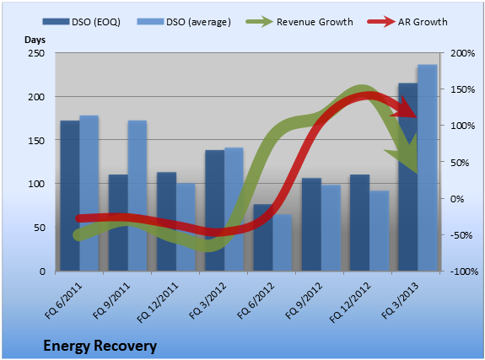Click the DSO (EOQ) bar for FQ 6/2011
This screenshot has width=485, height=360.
click(x=70, y=196)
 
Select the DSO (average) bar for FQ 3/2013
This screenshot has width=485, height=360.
click(x=428, y=168)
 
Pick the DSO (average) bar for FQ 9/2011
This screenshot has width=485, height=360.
click(x=137, y=196)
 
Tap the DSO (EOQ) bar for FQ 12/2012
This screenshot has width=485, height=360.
click(x=359, y=223)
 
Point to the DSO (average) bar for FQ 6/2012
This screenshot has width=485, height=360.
click(x=283, y=243)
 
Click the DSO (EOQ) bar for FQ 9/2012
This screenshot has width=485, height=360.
click(x=311, y=224)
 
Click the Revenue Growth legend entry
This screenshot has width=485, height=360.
click(x=299, y=22)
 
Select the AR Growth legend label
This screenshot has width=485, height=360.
click(x=423, y=22)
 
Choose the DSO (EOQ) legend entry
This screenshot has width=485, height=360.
click(x=81, y=22)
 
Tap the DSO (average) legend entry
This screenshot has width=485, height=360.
click(x=184, y=22)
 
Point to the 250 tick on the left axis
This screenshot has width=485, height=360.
click(x=36, y=53)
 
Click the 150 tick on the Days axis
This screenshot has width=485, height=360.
click(x=36, y=141)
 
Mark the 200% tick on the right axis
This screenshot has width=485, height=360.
click(x=462, y=53)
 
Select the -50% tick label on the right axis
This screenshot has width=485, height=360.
click(x=461, y=235)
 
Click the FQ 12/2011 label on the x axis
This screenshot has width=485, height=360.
click(x=158, y=303)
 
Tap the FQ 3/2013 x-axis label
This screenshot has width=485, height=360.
click(x=400, y=300)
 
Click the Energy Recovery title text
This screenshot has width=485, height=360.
click(x=100, y=346)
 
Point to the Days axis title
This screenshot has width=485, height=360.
click(x=35, y=40)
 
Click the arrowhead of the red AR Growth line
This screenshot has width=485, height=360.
click(x=405, y=108)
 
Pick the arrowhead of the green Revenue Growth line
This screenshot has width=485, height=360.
click(x=405, y=153)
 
